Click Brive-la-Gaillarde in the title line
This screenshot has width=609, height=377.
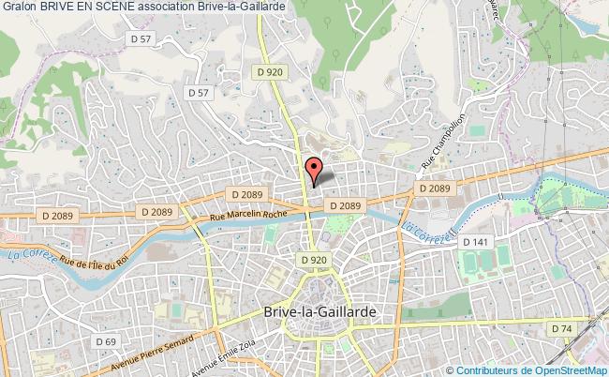click(x=236, y=7)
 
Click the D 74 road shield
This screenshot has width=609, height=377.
click(x=561, y=328)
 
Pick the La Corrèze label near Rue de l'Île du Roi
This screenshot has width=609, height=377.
click(x=25, y=253)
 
